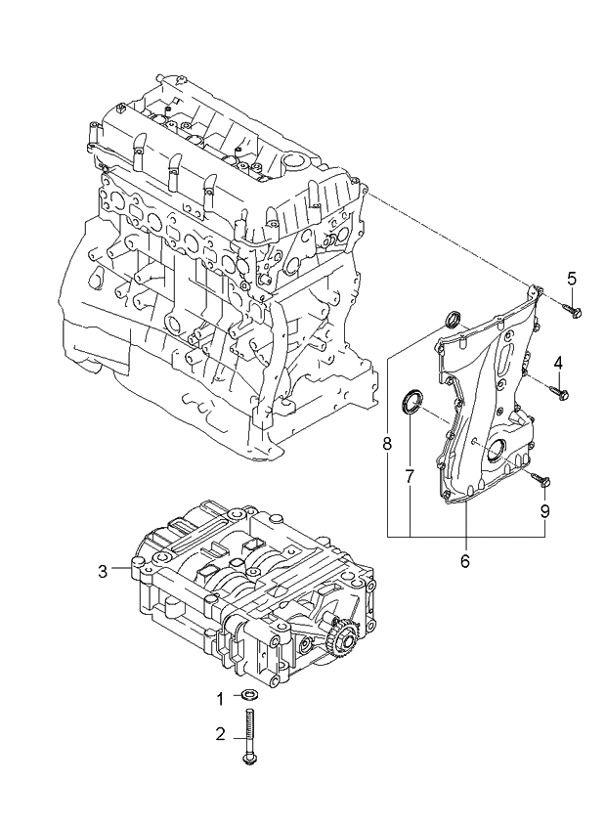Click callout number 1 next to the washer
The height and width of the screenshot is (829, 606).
click(220, 698)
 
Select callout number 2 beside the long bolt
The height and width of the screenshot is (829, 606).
click(220, 733)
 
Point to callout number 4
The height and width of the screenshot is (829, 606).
click(558, 364)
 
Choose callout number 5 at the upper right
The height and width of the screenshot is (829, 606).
click(572, 278)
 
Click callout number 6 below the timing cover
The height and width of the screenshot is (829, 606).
click(464, 561)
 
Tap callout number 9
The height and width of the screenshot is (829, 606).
click(545, 510)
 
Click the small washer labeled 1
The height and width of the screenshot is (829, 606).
click(250, 697)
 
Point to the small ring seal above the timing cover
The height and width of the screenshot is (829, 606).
click(452, 319)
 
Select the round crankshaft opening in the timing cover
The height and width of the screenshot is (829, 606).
click(500, 454)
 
